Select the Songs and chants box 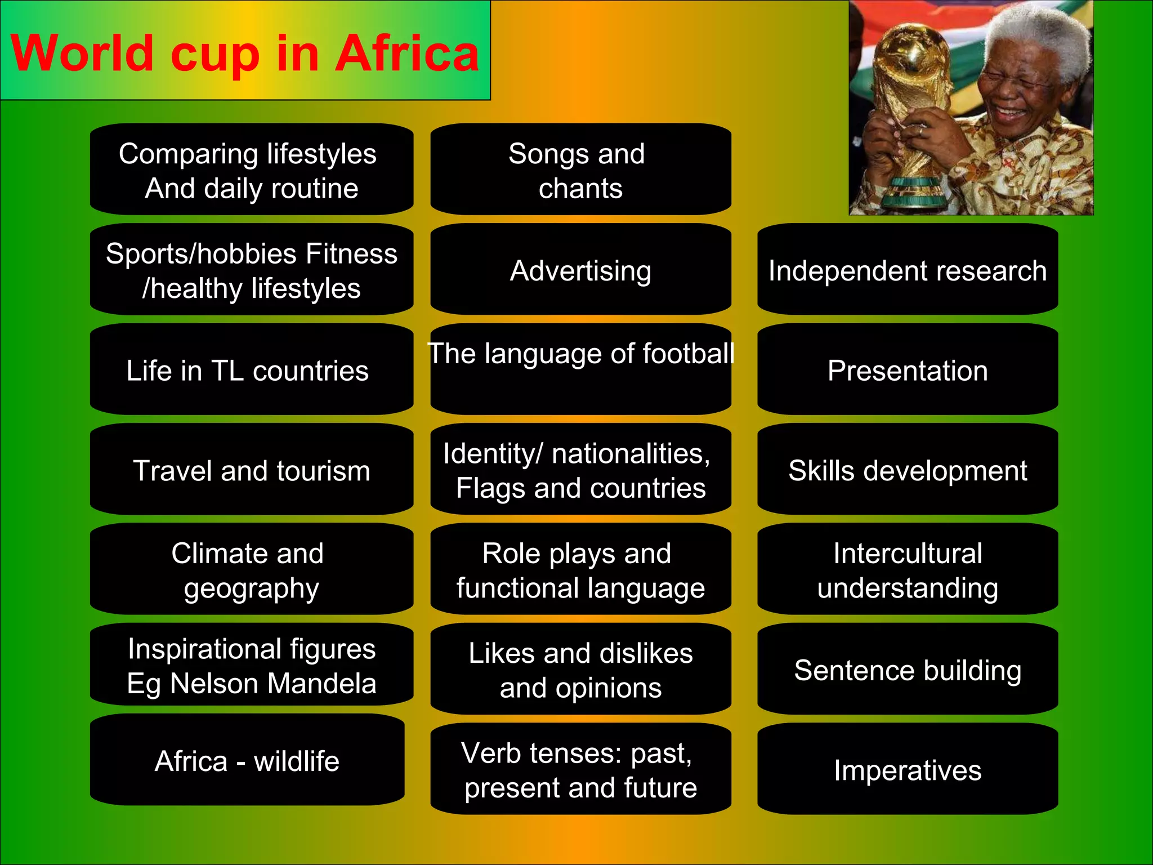tap(580, 170)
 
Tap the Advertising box tap(580, 270)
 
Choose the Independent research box tap(907, 270)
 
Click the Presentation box tap(907, 370)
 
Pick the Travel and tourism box tap(251, 470)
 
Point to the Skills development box tap(907, 470)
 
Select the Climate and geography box tap(251, 569)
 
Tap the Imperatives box tap(907, 769)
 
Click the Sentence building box tap(907, 670)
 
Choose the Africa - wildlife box tap(247, 760)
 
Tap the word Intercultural tap(908, 553)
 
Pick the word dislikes tap(646, 653)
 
